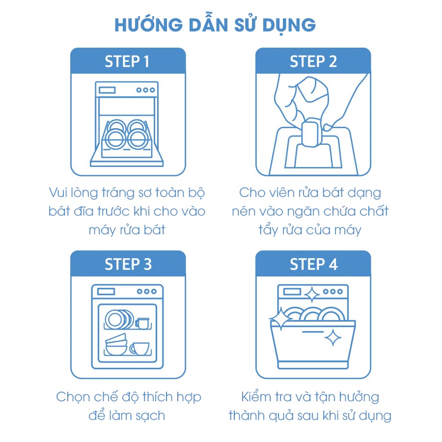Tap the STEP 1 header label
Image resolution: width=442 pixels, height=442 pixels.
coord(127,61)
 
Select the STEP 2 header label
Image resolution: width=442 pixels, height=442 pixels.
coord(313,61)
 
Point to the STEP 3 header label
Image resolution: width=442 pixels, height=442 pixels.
coord(128,264)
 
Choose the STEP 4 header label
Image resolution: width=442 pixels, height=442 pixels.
coord(313,264)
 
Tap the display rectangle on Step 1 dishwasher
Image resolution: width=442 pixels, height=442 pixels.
coord(108,90)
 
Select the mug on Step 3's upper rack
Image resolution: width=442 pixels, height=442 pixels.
coord(142,323)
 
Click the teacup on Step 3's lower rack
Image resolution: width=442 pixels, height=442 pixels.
coord(139,348)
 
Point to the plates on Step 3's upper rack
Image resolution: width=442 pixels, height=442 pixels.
coord(118,319)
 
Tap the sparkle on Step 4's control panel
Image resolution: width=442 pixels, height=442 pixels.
coord(311,295)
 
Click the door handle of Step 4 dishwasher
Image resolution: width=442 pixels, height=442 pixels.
coord(312,331)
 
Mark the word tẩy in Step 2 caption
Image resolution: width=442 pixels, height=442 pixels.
coord(269,229)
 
